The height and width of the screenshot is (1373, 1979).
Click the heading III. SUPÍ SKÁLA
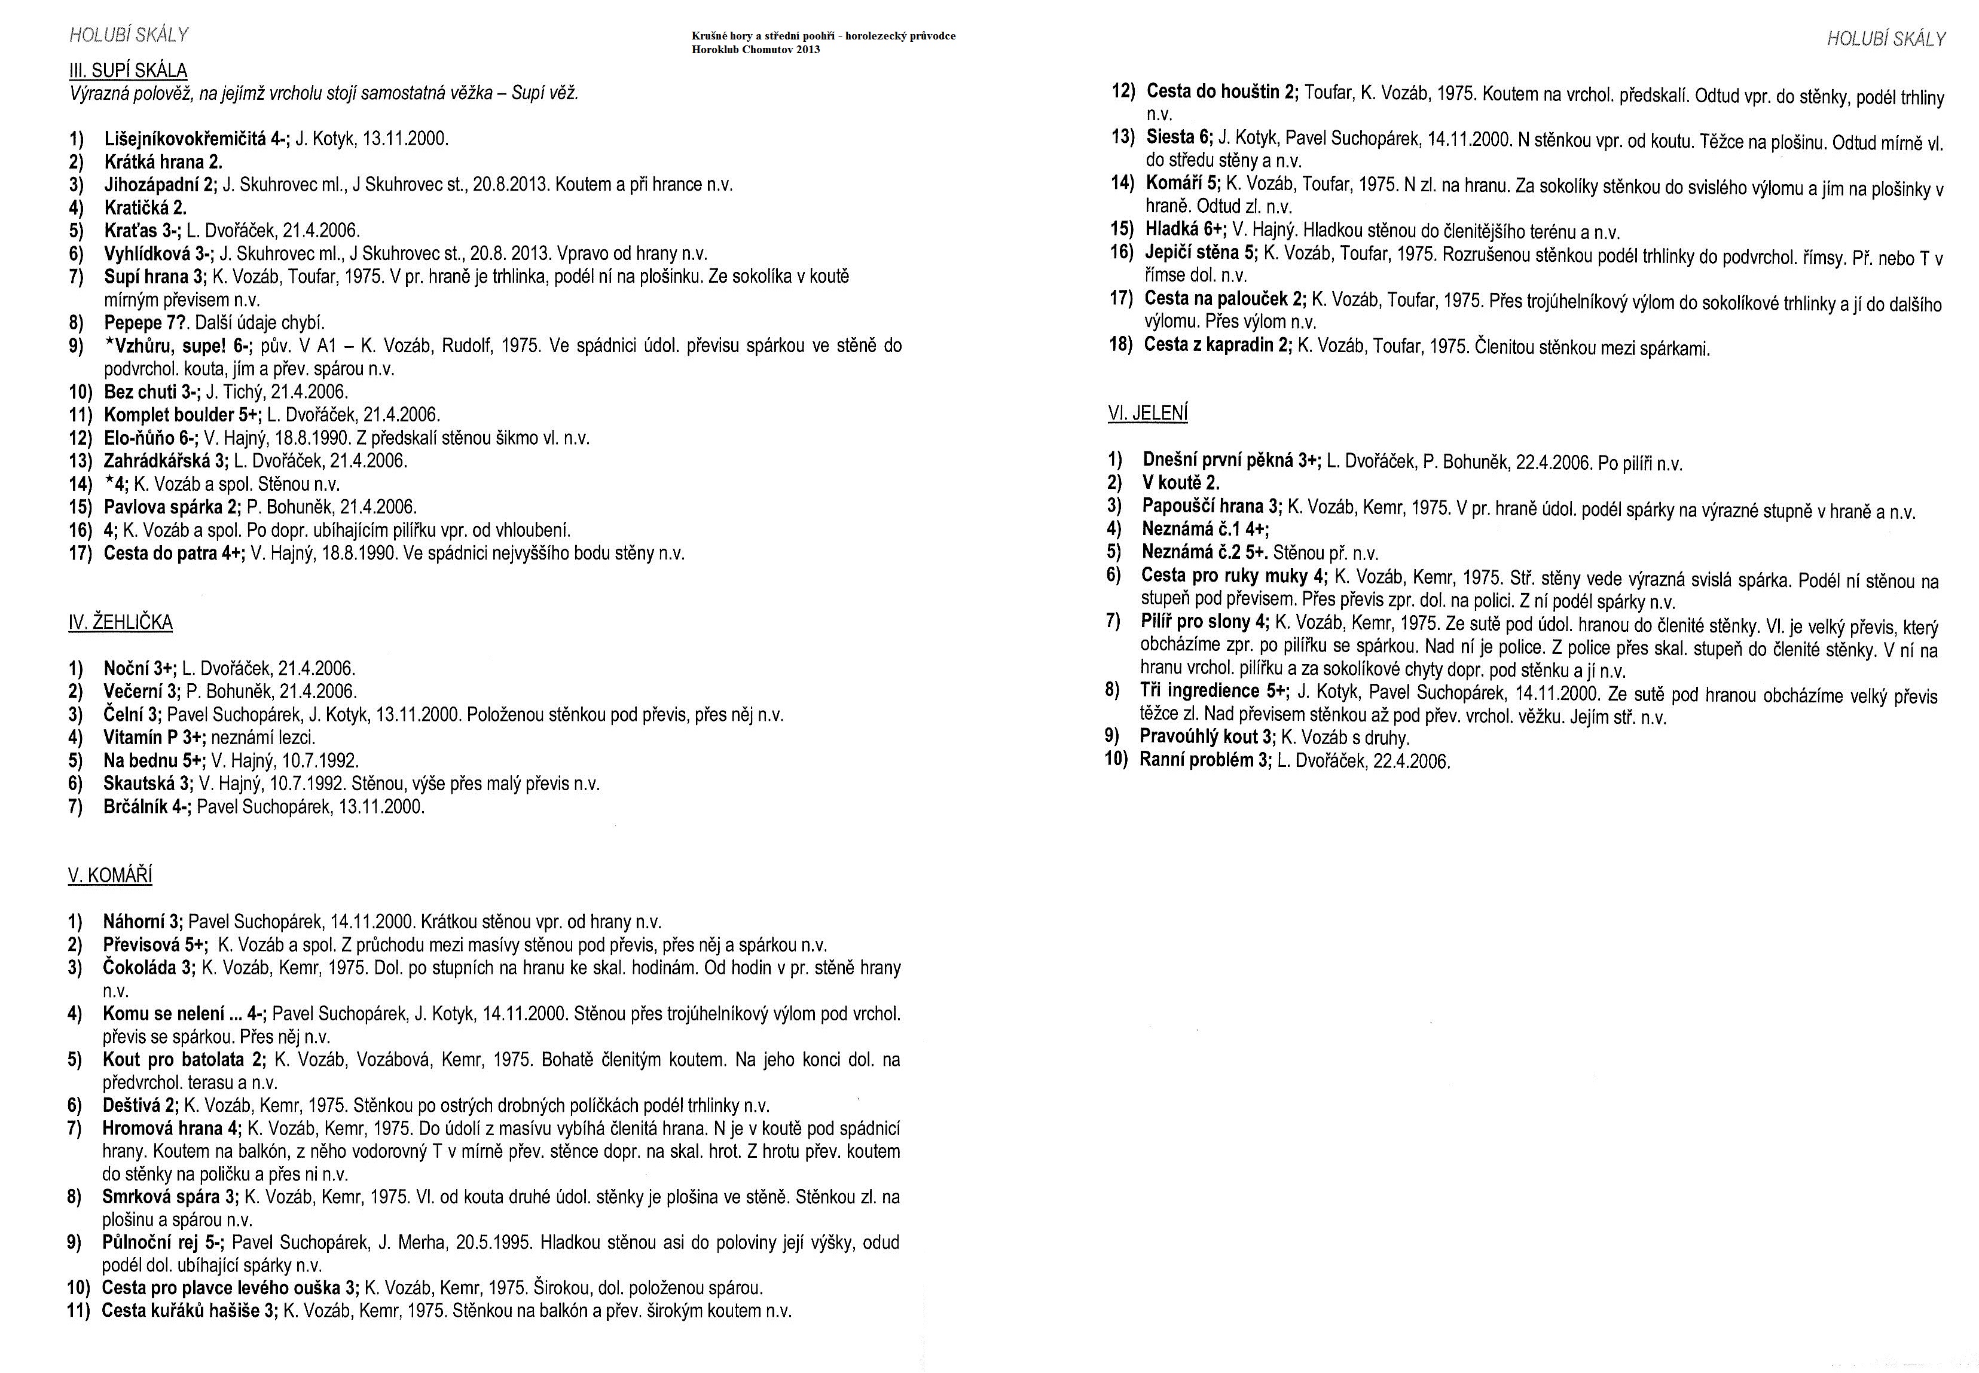point(128,71)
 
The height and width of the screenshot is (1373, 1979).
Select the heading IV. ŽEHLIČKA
point(120,622)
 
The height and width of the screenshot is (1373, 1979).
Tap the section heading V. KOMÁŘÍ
point(110,876)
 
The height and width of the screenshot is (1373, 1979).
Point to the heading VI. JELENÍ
point(1148,413)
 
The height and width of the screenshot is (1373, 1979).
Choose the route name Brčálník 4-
point(146,807)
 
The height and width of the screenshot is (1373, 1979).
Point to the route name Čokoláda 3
point(149,968)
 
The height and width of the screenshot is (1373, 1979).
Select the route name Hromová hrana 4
point(171,1128)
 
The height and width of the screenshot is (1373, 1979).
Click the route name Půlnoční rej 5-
point(163,1242)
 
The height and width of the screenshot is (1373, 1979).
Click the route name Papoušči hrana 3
point(1211,506)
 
